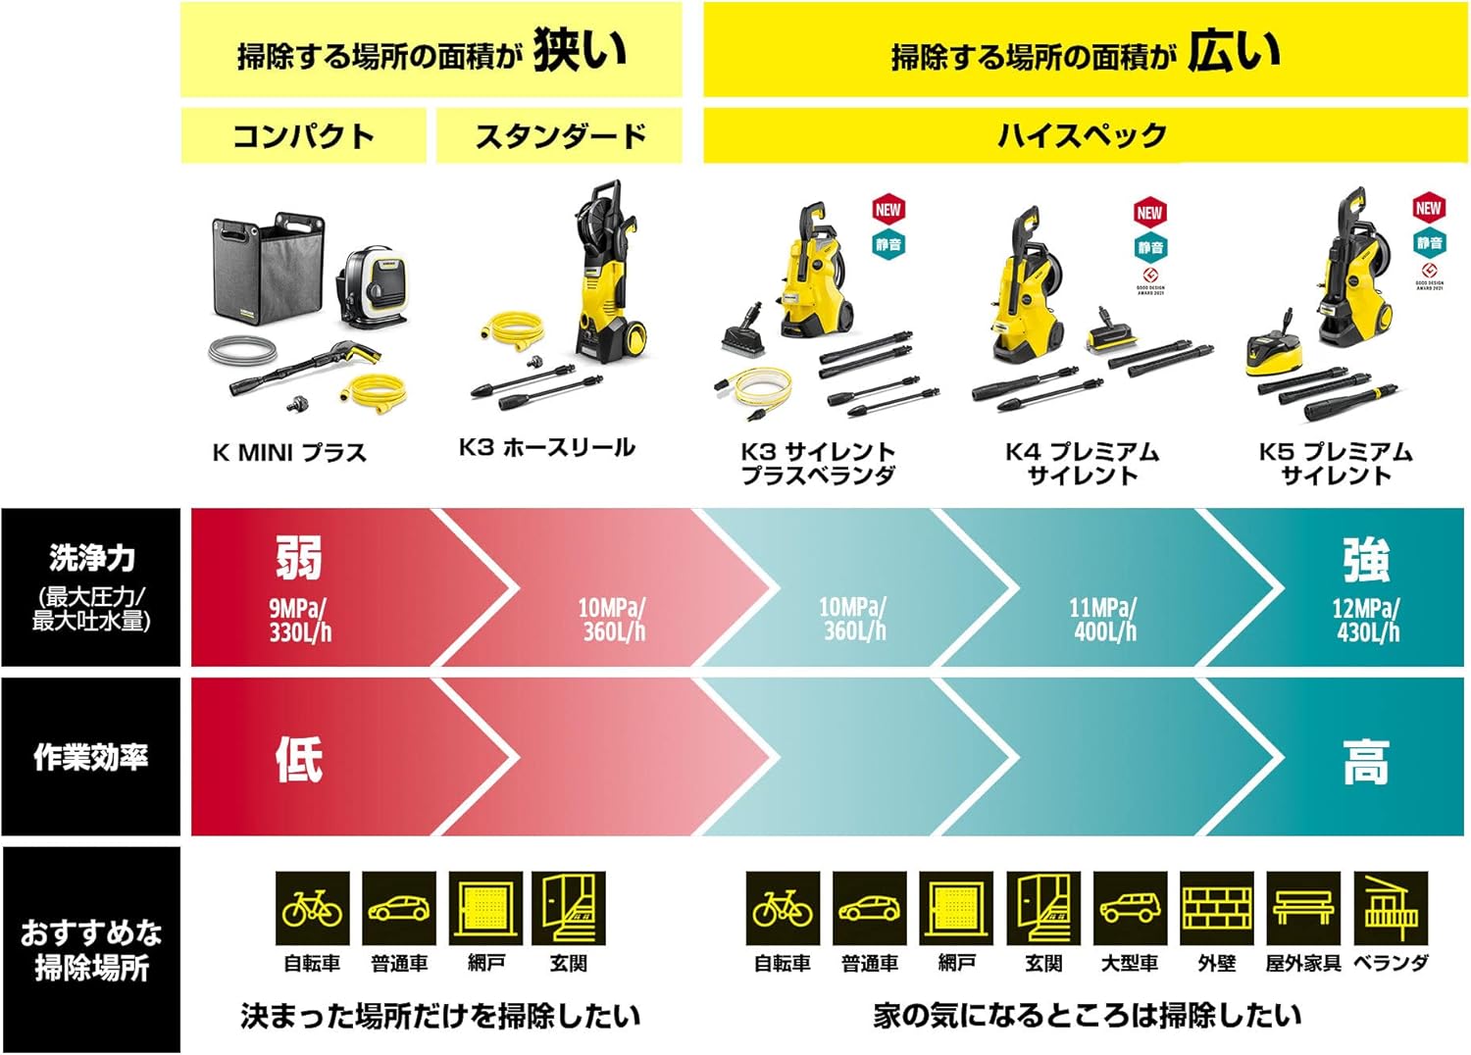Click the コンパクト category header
[303, 135]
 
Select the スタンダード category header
[560, 135]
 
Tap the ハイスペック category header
[1083, 135]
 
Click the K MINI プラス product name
[289, 453]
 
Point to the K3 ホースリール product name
[547, 448]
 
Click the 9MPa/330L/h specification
[300, 621]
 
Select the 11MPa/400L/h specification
[1105, 621]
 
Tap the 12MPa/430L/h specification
[1367, 621]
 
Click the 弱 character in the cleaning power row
[298, 558]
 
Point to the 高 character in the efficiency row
[1366, 762]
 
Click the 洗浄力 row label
[91, 559]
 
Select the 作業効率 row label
[91, 757]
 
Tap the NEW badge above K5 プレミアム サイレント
[1428, 208]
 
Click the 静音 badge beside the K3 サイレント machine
[888, 244]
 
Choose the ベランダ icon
[1391, 908]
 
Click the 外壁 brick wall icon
[1217, 908]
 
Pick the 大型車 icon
[1130, 908]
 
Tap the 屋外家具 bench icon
[1303, 908]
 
